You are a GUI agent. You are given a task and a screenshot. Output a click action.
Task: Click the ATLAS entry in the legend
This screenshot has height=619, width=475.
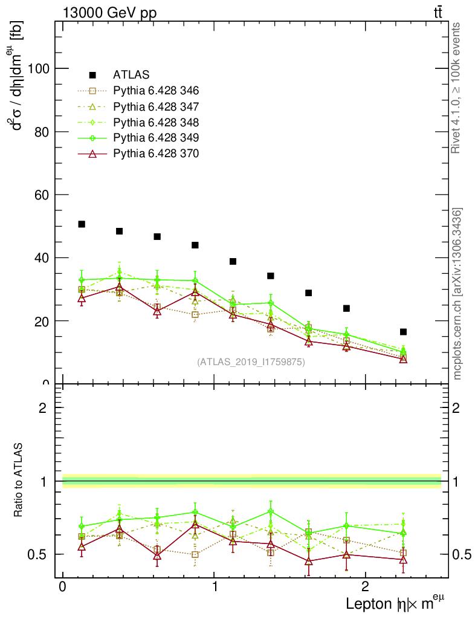click(131, 75)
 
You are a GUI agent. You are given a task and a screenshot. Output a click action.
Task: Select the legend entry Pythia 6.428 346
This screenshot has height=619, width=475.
click(156, 91)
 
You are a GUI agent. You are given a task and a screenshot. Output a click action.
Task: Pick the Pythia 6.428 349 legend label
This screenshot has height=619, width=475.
click(156, 138)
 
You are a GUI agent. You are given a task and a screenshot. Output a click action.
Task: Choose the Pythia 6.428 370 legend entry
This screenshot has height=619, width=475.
click(156, 154)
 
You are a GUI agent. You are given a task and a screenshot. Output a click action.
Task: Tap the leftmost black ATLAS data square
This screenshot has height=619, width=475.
click(82, 224)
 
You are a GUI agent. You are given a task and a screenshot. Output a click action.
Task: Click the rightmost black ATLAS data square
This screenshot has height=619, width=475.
click(403, 332)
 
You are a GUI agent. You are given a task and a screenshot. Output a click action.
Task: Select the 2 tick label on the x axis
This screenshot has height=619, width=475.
click(365, 587)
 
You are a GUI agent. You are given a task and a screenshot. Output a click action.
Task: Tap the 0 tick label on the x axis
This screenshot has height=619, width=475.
click(62, 587)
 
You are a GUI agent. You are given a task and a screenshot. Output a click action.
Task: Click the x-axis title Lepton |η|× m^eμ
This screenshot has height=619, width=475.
click(395, 603)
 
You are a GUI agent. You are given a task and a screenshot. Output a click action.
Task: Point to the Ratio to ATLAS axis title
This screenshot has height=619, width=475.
click(19, 480)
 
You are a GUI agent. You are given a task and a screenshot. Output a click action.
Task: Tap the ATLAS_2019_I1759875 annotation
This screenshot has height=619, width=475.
click(251, 362)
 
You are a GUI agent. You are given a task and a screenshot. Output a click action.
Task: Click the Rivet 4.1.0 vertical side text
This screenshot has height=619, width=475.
click(457, 88)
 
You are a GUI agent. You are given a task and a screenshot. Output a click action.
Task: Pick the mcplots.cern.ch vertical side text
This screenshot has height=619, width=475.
click(457, 294)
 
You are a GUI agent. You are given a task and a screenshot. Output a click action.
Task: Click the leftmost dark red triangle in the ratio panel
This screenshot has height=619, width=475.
click(82, 546)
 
